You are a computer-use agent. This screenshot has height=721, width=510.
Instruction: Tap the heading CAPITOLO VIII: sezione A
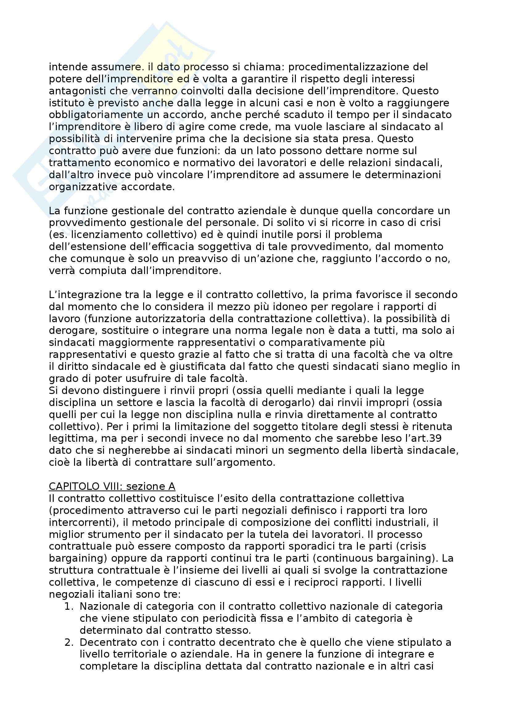(112, 486)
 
